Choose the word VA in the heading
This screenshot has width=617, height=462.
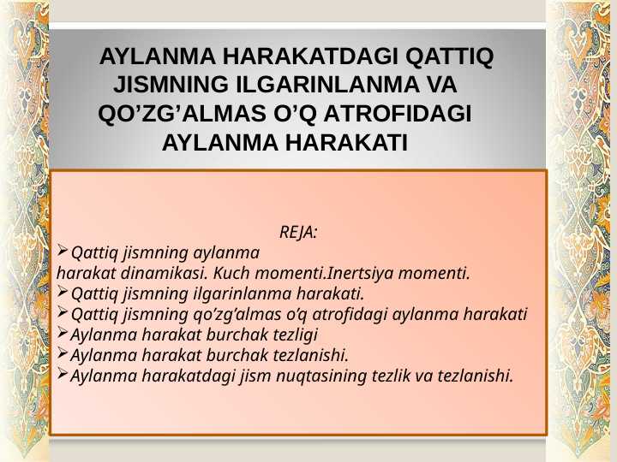point(438,86)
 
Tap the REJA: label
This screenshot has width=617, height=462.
point(298,232)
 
